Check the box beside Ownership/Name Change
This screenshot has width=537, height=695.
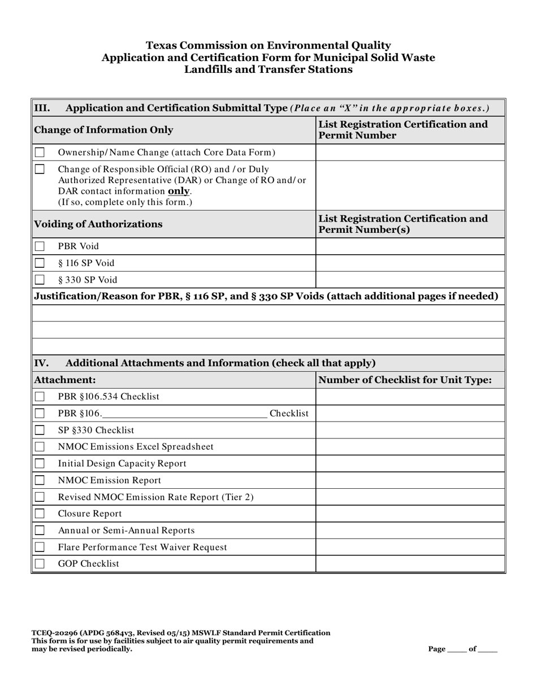(x=40, y=153)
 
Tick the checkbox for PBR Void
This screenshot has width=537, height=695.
(x=40, y=246)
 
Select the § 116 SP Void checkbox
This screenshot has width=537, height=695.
(x=40, y=263)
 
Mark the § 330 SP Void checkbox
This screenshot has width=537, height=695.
(x=40, y=279)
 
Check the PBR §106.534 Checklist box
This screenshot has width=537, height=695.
(x=40, y=397)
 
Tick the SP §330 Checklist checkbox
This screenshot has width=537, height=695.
(x=40, y=430)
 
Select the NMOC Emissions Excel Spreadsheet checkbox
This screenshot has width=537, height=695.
(x=40, y=447)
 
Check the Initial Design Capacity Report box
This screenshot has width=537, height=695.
(x=40, y=463)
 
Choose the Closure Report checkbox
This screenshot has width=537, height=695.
(x=40, y=514)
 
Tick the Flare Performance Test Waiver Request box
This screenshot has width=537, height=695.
(x=40, y=547)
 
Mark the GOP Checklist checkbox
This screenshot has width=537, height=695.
(x=40, y=564)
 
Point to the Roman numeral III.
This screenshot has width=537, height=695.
(x=42, y=108)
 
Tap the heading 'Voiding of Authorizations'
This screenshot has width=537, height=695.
(x=98, y=224)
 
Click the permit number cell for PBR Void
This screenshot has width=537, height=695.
(x=410, y=246)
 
